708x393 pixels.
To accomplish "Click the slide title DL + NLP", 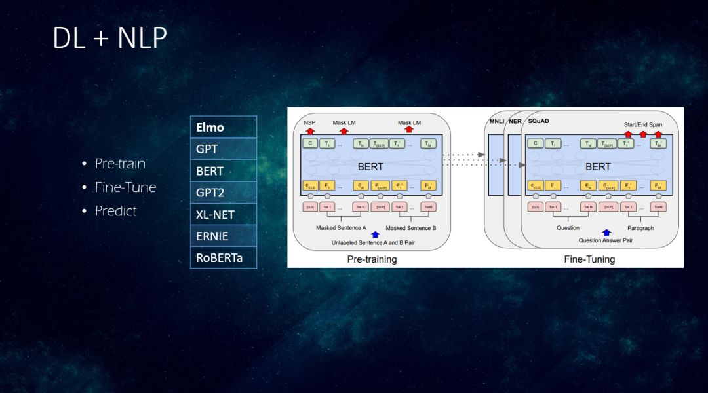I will point(109,39).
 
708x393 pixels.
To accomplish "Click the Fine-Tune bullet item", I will point(125,187).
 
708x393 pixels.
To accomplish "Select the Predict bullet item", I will point(115,211).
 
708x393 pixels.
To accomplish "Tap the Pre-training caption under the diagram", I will point(372,259).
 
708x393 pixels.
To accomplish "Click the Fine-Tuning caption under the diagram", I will point(589,259).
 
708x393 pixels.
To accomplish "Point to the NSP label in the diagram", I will point(309,122).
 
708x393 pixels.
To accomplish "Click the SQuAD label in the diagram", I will point(538,121).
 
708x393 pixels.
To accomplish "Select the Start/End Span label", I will point(642,124).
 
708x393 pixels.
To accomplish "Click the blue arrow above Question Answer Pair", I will point(606,233).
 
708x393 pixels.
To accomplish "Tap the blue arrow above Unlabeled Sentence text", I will point(375,234).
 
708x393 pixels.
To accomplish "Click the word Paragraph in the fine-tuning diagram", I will point(640,228).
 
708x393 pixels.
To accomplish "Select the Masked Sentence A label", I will point(341,228).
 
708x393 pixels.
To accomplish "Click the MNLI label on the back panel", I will point(496,122).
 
